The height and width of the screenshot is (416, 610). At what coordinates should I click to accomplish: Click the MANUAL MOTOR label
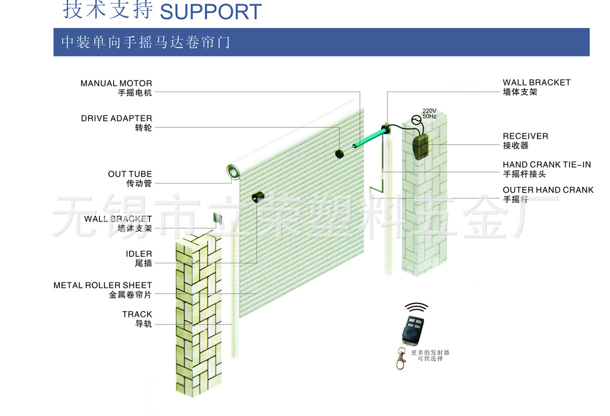(x=116, y=84)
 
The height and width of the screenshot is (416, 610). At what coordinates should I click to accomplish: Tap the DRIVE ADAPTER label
(x=116, y=119)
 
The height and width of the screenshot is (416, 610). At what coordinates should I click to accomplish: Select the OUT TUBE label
(x=130, y=174)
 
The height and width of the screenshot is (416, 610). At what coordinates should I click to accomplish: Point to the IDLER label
(x=139, y=254)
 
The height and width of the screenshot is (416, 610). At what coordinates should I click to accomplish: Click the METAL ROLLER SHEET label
(x=103, y=285)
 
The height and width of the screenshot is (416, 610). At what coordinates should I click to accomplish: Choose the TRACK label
(x=137, y=314)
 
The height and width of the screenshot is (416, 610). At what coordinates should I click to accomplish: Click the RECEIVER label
(x=525, y=136)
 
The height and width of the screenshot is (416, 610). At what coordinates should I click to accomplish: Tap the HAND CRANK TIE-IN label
(x=547, y=165)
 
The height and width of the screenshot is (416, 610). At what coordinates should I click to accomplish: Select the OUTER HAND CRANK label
(x=548, y=190)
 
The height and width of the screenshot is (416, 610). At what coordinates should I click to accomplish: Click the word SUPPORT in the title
(x=211, y=11)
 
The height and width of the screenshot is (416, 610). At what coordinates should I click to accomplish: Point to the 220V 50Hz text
(x=429, y=113)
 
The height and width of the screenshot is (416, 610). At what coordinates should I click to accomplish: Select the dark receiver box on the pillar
(x=422, y=145)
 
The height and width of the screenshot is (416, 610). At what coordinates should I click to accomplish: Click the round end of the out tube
(x=232, y=171)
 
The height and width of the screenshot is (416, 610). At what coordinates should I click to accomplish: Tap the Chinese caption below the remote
(x=430, y=355)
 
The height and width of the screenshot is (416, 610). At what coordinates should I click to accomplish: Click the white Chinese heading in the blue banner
(x=146, y=42)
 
